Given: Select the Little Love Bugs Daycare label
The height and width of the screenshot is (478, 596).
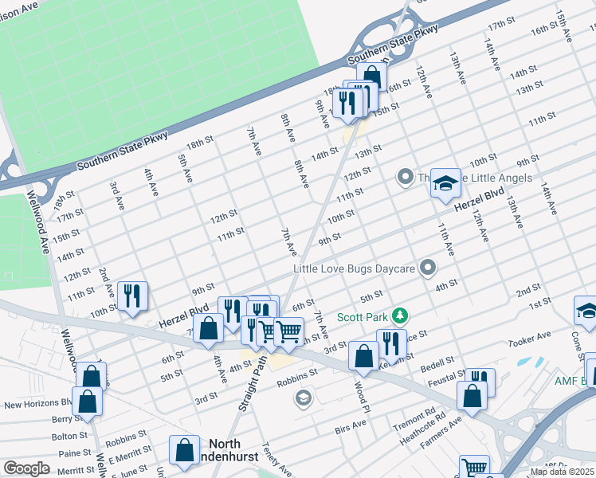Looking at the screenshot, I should [x=354, y=268].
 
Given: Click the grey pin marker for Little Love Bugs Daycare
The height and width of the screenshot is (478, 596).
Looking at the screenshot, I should [x=429, y=268].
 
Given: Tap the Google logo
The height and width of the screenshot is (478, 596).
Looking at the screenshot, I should [x=26, y=468].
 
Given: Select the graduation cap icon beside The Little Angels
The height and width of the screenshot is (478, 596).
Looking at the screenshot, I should [x=445, y=182].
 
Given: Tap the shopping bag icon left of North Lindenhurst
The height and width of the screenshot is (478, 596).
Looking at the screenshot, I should [x=185, y=450].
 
